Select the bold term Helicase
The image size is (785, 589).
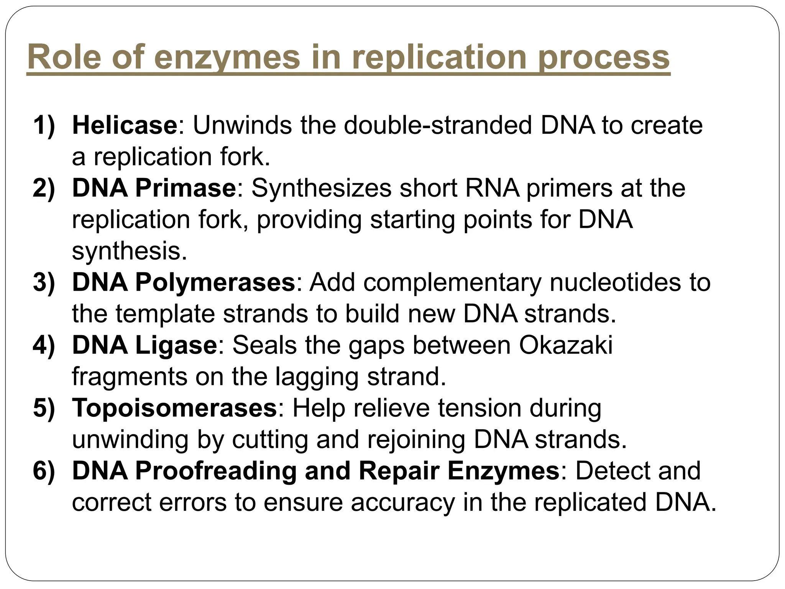[x=125, y=125]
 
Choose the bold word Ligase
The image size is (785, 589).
[x=176, y=345]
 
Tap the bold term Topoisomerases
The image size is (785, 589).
[x=174, y=408]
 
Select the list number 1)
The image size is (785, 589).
[x=44, y=125]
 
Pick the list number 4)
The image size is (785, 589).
[x=44, y=345]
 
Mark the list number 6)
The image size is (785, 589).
[x=44, y=471]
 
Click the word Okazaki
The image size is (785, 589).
[x=566, y=345]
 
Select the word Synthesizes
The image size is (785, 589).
[x=322, y=188]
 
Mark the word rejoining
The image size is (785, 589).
[x=417, y=439]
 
